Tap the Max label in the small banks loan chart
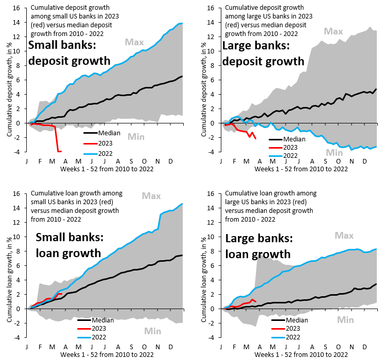[151, 196]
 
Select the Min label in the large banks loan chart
[346, 320]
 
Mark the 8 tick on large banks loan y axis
[214, 251]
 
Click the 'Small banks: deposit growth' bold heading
[69, 53]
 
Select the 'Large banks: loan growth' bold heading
[258, 247]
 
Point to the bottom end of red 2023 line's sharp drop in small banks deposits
[58, 151]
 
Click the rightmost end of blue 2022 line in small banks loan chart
[182, 204]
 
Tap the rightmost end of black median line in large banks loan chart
[376, 284]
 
